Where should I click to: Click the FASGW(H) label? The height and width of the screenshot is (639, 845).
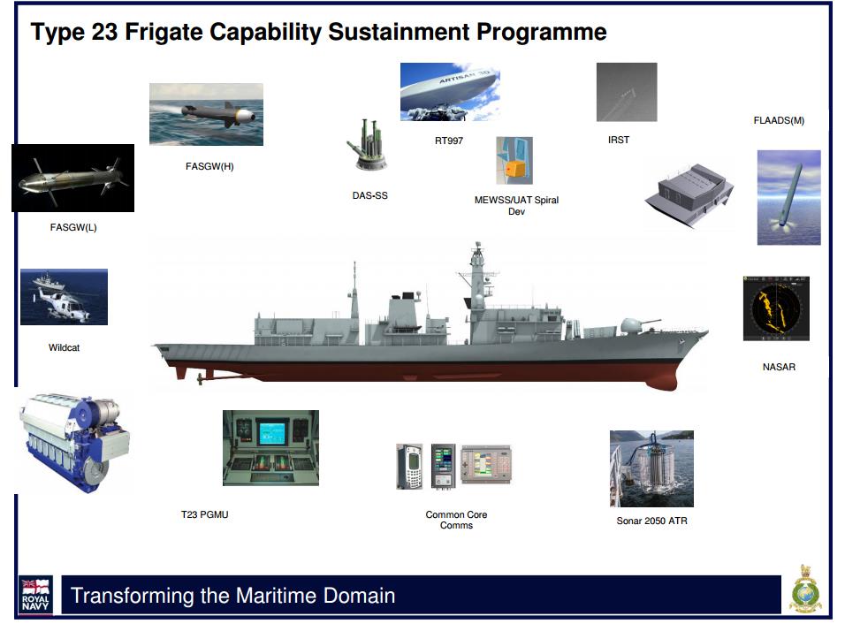(209, 166)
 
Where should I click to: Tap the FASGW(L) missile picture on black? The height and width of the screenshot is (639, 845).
(72, 178)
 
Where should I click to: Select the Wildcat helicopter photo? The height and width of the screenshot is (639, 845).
(65, 297)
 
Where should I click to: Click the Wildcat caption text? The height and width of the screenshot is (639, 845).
(65, 347)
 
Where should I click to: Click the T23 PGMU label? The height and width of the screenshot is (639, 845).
(205, 514)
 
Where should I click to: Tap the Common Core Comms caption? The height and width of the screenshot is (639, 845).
(456, 520)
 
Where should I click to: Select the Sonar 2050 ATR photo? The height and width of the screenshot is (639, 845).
(651, 468)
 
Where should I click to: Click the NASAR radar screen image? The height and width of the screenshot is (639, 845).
(776, 308)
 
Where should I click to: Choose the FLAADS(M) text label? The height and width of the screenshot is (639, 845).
(779, 121)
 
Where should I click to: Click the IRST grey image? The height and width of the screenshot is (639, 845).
(627, 92)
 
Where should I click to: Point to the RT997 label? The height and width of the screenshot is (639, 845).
(449, 141)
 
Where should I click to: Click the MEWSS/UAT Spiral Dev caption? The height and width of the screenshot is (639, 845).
(516, 205)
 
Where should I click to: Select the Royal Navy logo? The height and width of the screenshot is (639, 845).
(35, 596)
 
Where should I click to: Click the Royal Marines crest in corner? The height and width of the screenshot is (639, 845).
(805, 590)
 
